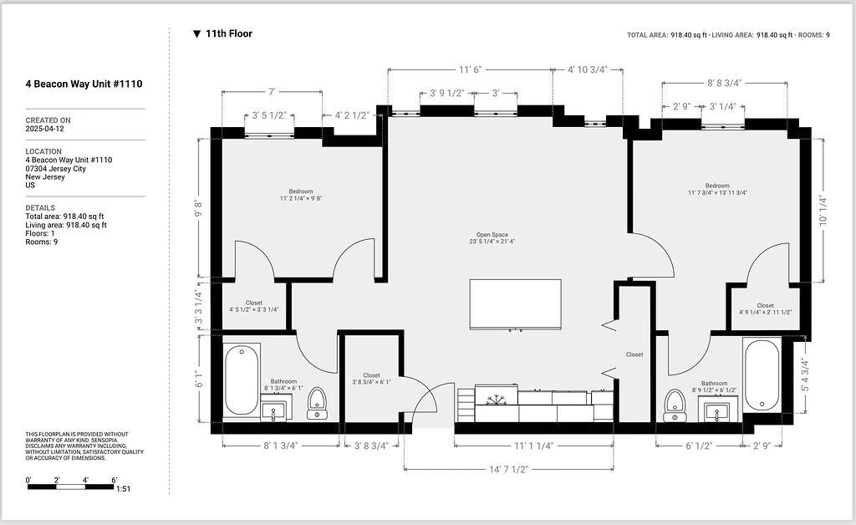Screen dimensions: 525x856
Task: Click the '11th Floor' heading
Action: pos(228,34)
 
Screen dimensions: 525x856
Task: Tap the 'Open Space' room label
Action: pos(492,238)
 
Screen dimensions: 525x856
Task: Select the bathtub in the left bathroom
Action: pos(241,380)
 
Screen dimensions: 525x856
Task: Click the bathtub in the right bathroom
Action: pos(762,375)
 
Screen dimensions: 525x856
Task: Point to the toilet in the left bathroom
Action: pos(317,402)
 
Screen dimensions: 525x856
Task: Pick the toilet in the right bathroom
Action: pos(675,405)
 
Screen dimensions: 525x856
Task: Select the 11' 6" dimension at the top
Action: pos(471,69)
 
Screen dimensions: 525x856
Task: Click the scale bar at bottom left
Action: pos(71,483)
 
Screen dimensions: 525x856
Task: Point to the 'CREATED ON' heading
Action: pos(48,120)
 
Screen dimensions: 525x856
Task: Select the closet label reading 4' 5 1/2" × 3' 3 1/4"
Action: pos(254,306)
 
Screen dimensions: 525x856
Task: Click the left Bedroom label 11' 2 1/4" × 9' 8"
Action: pos(300,195)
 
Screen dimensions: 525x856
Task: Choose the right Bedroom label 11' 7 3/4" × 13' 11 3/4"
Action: pos(717,189)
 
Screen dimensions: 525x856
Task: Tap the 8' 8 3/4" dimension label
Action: pos(724,83)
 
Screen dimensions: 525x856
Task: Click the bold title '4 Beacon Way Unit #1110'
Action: pos(84,84)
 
